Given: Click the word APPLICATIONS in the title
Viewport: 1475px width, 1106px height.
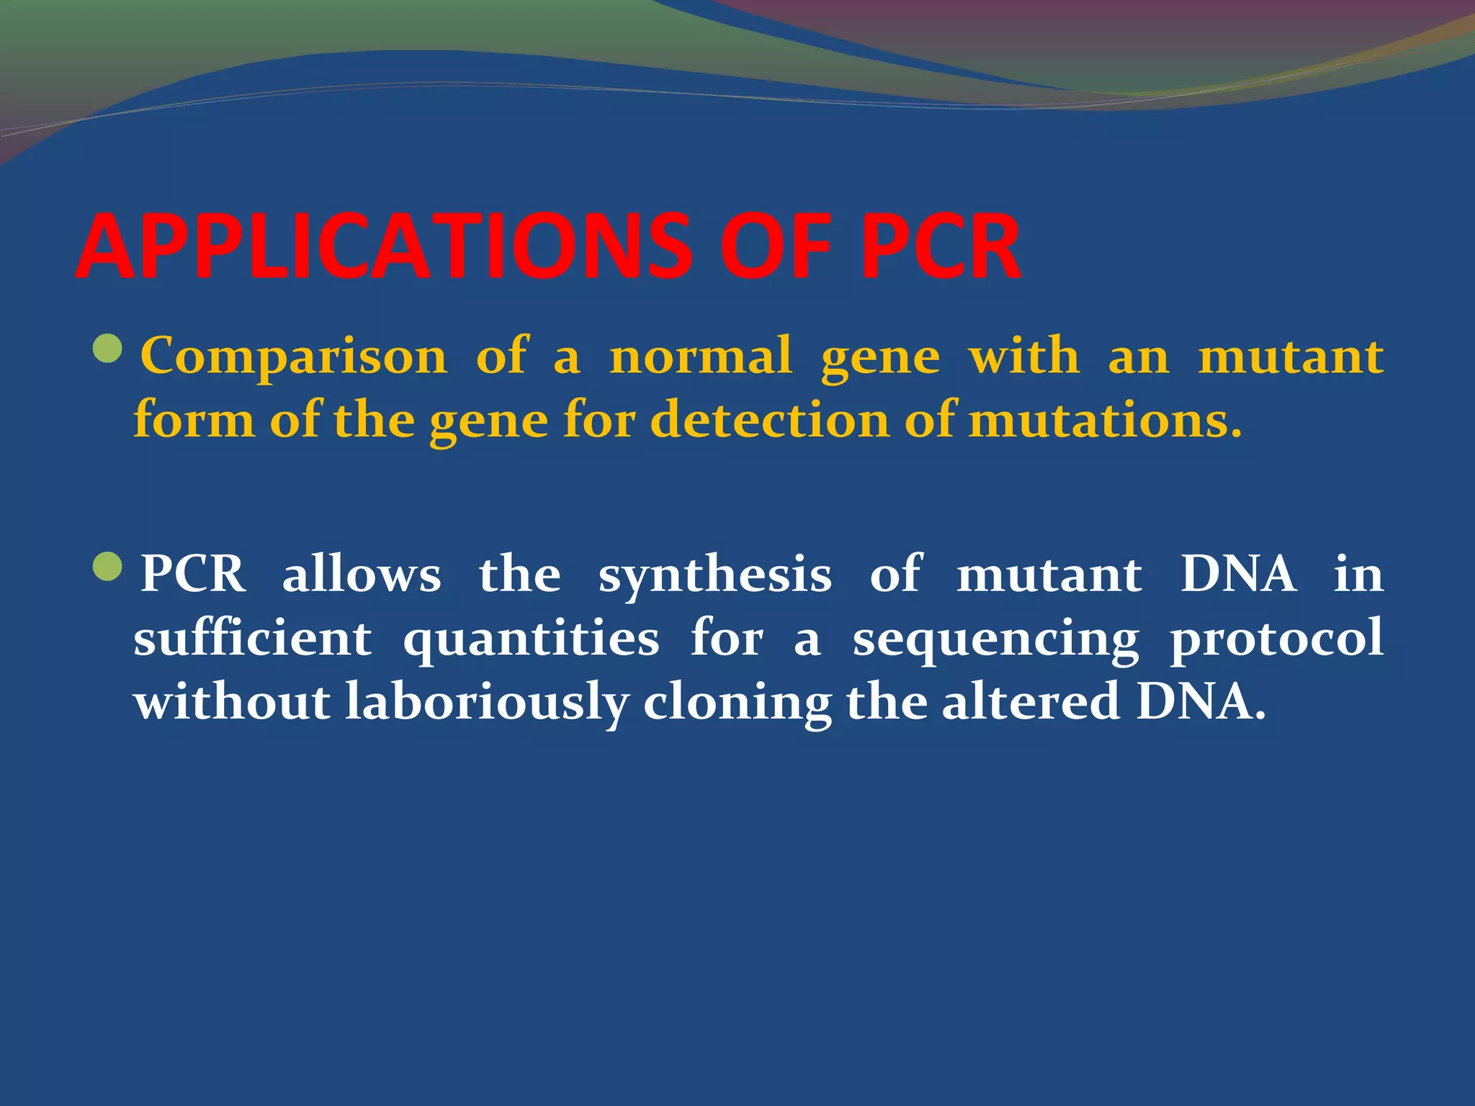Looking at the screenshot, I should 382,247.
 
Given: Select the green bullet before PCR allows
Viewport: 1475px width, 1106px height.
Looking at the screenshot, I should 109,567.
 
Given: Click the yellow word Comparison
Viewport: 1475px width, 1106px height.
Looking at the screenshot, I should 294,356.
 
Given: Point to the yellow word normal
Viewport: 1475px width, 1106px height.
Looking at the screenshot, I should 700,356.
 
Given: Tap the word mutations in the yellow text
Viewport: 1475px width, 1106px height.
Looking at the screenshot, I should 1105,420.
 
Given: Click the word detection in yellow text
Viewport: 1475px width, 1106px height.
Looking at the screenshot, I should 770,420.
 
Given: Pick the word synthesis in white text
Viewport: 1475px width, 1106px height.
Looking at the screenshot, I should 715,576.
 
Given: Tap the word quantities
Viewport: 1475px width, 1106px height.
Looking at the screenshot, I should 531,639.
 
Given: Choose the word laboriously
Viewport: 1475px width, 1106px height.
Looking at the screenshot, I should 487,703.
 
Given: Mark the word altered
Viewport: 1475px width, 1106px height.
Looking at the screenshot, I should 1031,703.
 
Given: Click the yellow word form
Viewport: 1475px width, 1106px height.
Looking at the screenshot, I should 194,420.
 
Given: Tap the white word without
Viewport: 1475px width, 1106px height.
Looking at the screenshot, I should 232,703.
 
